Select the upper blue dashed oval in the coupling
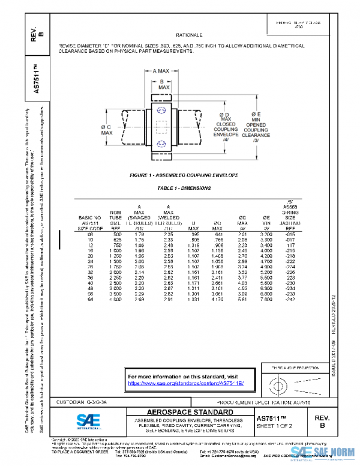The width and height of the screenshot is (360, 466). (160, 111)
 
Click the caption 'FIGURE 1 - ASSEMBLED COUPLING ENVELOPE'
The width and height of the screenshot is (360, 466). (184, 175)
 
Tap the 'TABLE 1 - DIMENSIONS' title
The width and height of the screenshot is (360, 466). (184, 188)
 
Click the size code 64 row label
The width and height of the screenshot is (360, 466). (90, 298)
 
